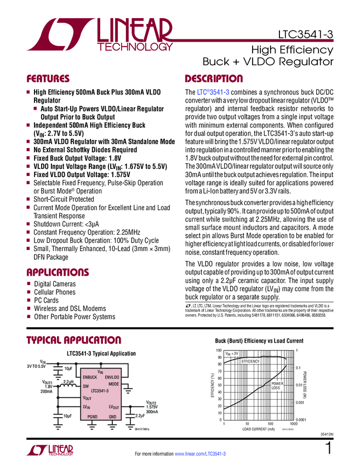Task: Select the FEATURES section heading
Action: pyautogui.click(x=49, y=78)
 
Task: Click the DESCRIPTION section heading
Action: pyautogui.click(x=214, y=78)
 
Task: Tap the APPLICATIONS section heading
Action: pyautogui.click(x=59, y=272)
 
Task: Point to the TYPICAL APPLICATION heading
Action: pyautogui.click(x=74, y=340)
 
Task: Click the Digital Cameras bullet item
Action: pyautogui.click(x=55, y=284)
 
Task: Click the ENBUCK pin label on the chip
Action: pyautogui.click(x=89, y=378)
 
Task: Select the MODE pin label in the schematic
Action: pyautogui.click(x=115, y=384)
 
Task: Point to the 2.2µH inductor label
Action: pyautogui.click(x=68, y=381)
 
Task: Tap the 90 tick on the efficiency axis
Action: pyautogui.click(x=220, y=357)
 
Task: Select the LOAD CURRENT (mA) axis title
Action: pyautogui.click(x=259, y=429)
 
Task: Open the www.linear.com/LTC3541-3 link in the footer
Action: pyautogui.click(x=199, y=454)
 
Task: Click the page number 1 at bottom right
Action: pyautogui.click(x=329, y=448)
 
